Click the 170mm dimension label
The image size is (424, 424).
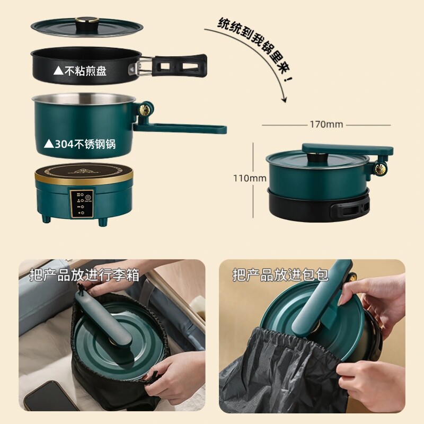pyautogui.click(x=326, y=125)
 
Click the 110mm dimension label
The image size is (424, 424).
pyautogui.click(x=250, y=178)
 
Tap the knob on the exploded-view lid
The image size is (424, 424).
pyautogui.click(x=86, y=21)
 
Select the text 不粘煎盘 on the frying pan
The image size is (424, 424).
pyautogui.click(x=85, y=71)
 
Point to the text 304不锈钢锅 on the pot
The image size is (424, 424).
pyautogui.click(x=85, y=144)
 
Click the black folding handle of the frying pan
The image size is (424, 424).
pyautogui.click(x=179, y=64)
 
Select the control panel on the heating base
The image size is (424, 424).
pyautogui.click(x=82, y=204)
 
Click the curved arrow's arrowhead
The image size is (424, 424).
pyautogui.click(x=284, y=100)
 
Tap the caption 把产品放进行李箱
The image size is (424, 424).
pyautogui.click(x=85, y=275)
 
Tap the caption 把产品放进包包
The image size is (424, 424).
pyautogui.click(x=280, y=275)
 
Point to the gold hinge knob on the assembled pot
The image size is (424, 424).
pyautogui.click(x=380, y=169)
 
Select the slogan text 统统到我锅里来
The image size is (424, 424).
pyautogui.click(x=255, y=49)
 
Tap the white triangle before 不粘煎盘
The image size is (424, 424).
pyautogui.click(x=58, y=71)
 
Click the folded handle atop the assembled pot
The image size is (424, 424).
pyautogui.click(x=348, y=149)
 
